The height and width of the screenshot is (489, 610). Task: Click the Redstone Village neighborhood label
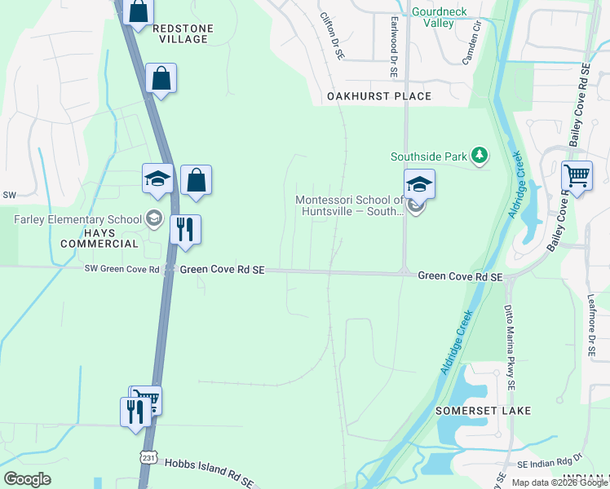[183, 33]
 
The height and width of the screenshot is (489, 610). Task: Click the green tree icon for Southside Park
[480, 156]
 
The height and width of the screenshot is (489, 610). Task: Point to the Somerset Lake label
[483, 411]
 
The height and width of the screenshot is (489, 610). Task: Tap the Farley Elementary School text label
[77, 219]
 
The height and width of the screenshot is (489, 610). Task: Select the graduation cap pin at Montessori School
[419, 184]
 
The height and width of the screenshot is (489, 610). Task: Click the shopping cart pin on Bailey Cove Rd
[577, 175]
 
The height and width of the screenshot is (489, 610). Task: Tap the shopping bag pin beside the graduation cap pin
[197, 180]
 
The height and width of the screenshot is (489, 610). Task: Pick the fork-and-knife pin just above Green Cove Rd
[185, 229]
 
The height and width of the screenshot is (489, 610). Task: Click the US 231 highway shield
[147, 457]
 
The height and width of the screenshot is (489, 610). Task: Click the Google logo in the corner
[27, 479]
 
